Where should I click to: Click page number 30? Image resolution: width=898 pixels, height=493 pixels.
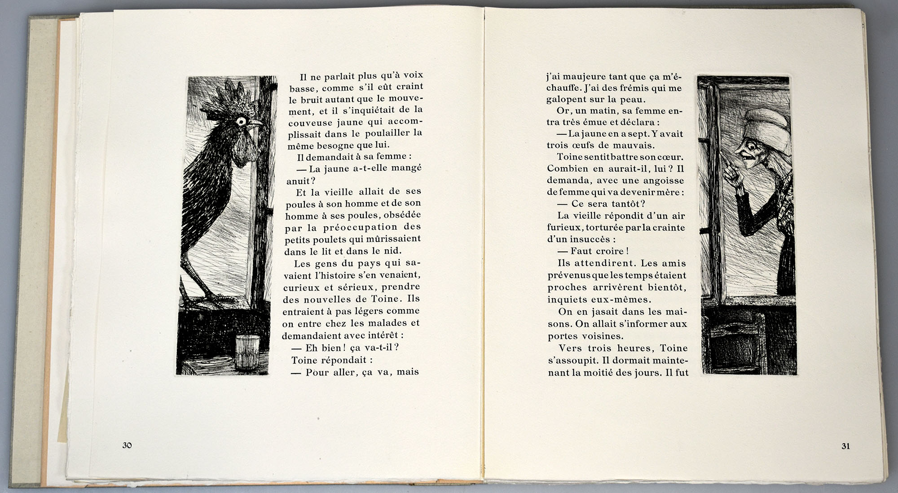click(127, 445)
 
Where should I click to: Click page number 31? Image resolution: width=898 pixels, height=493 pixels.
click(845, 446)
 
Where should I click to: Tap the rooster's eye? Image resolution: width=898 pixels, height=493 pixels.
click(241, 121)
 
